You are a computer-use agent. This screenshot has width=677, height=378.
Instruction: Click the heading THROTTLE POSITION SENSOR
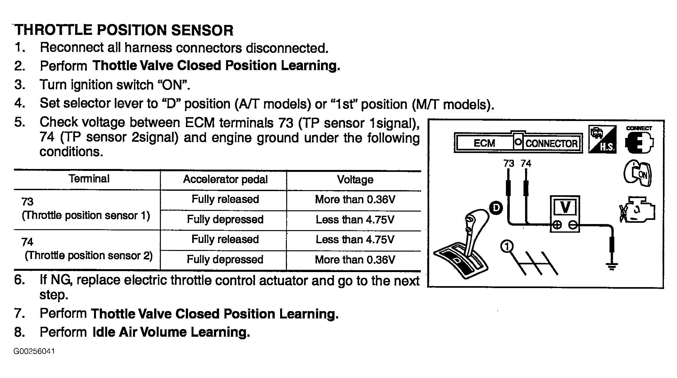[124, 30]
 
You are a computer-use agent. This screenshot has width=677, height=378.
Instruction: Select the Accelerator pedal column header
[225, 180]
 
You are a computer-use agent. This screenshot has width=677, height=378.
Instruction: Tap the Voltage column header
[355, 180]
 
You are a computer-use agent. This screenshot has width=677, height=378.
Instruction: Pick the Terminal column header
[89, 179]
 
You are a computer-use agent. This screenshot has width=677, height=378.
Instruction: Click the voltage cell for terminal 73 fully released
[355, 200]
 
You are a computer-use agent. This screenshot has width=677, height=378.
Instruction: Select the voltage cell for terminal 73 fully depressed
[355, 220]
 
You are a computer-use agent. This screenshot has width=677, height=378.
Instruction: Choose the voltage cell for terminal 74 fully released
[355, 240]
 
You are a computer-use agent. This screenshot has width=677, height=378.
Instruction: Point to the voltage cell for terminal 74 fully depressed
[355, 260]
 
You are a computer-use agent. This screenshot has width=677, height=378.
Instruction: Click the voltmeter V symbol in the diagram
[565, 207]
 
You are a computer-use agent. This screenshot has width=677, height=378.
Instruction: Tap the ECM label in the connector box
[484, 143]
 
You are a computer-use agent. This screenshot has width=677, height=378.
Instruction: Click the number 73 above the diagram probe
[508, 164]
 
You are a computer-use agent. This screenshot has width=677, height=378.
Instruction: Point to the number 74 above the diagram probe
[526, 164]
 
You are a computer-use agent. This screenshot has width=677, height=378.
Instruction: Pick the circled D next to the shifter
[496, 208]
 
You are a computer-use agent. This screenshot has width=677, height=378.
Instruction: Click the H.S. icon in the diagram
[602, 140]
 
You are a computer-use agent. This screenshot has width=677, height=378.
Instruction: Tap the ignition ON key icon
[637, 173]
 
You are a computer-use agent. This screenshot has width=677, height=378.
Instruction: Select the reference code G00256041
[34, 351]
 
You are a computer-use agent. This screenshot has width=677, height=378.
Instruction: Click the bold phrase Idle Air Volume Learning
[171, 332]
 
